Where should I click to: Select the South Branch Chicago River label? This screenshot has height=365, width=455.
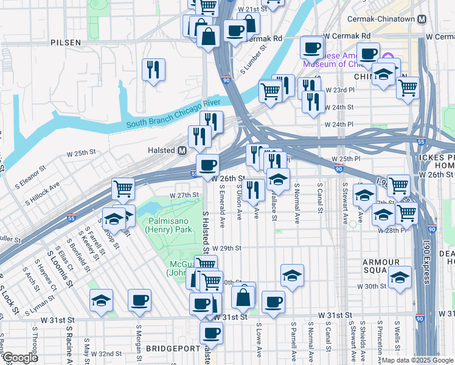[172, 120]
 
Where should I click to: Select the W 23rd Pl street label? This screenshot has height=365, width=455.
[339, 89]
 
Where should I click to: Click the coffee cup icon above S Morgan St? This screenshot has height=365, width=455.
[140, 300]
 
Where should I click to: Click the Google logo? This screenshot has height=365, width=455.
[19, 358]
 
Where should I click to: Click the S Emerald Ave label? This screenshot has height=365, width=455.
[223, 204]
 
